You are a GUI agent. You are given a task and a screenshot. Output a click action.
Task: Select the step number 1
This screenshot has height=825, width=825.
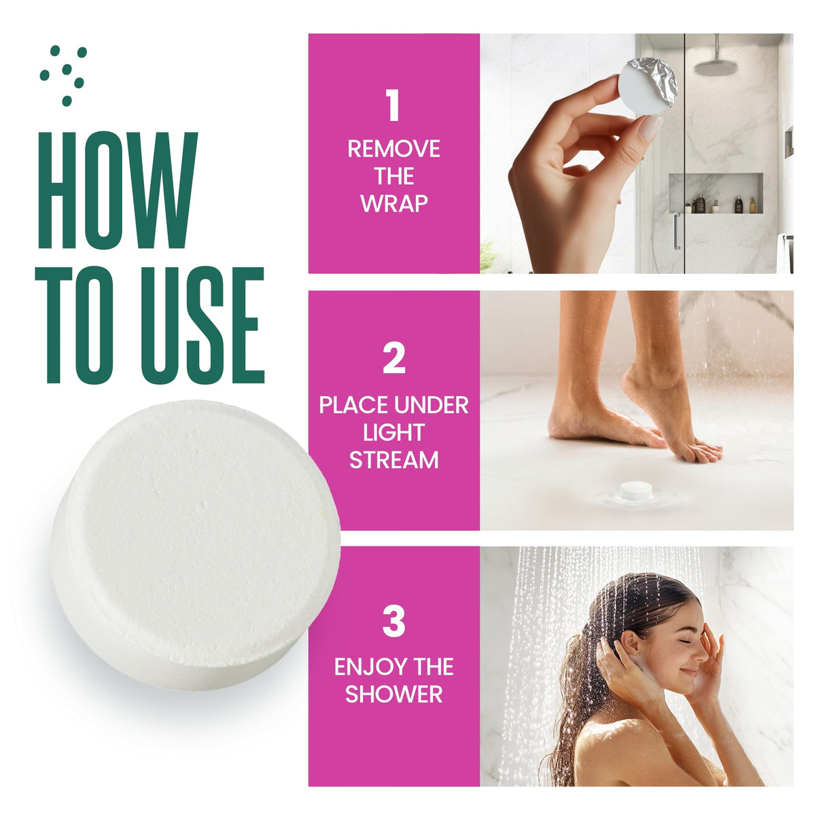[x=393, y=106]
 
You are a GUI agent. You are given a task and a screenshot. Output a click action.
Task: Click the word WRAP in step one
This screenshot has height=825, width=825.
[x=393, y=203]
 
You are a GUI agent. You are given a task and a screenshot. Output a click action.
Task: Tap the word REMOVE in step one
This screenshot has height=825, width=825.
[x=393, y=149]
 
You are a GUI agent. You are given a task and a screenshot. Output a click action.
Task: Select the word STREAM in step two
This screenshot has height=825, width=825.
[x=393, y=460]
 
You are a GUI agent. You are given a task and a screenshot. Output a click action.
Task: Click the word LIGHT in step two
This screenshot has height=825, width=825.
[x=393, y=433]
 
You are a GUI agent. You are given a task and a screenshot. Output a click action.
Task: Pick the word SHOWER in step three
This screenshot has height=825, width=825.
[x=393, y=694]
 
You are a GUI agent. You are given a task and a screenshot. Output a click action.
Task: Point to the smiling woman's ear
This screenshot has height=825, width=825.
[x=629, y=643]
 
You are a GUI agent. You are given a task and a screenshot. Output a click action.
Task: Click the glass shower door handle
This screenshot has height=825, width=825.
[x=676, y=231]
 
